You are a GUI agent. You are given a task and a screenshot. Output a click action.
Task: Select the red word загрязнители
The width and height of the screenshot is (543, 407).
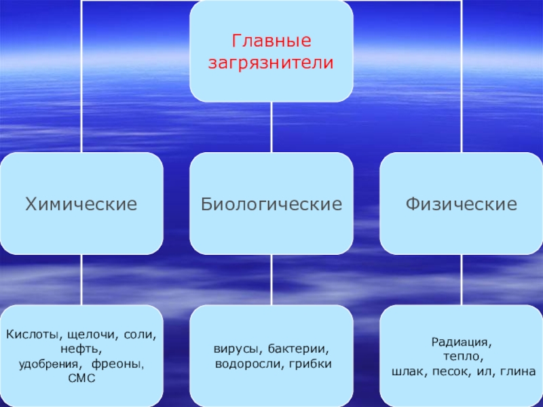click(271, 62)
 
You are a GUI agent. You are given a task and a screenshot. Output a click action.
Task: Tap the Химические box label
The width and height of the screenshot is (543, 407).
click(81, 203)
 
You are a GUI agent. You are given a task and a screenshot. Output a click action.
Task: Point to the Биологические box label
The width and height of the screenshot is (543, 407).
click(271, 203)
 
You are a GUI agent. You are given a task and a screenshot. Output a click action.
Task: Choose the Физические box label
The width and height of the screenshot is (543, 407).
click(461, 203)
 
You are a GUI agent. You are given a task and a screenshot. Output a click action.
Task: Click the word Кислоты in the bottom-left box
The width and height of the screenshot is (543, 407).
click(29, 336)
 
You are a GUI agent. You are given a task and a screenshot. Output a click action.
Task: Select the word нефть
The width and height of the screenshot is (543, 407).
click(81, 349)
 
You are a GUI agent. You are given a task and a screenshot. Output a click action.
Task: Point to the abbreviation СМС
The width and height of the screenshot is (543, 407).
click(82, 378)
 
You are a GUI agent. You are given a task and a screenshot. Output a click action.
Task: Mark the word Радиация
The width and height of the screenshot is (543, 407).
click(461, 343)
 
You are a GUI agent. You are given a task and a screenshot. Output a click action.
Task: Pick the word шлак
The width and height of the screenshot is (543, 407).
click(407, 372)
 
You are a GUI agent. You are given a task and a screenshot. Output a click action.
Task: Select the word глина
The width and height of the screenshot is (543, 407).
click(519, 372)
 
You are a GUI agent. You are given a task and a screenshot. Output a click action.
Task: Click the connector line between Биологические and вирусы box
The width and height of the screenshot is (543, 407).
click(271, 279)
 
